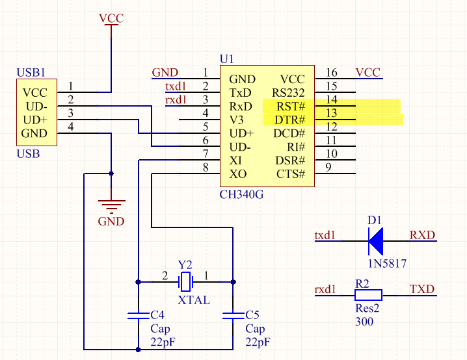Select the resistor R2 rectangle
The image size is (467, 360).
[x=368, y=295]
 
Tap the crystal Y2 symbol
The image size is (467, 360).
[x=186, y=282]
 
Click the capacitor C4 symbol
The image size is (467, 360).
[x=138, y=316]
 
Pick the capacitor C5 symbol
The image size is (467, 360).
[x=233, y=316]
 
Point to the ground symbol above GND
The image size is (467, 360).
[x=111, y=207]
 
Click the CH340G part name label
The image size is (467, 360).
[x=242, y=194]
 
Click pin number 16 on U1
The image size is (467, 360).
[x=332, y=73]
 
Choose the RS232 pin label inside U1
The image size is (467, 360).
[x=289, y=92]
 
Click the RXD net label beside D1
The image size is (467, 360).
[x=422, y=235]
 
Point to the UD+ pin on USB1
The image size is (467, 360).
[x=35, y=120]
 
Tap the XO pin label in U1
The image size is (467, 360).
[x=238, y=174]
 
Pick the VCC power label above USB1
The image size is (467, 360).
[x=111, y=18]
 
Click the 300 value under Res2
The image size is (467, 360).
[x=364, y=322]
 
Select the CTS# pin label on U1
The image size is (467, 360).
[x=291, y=174]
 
